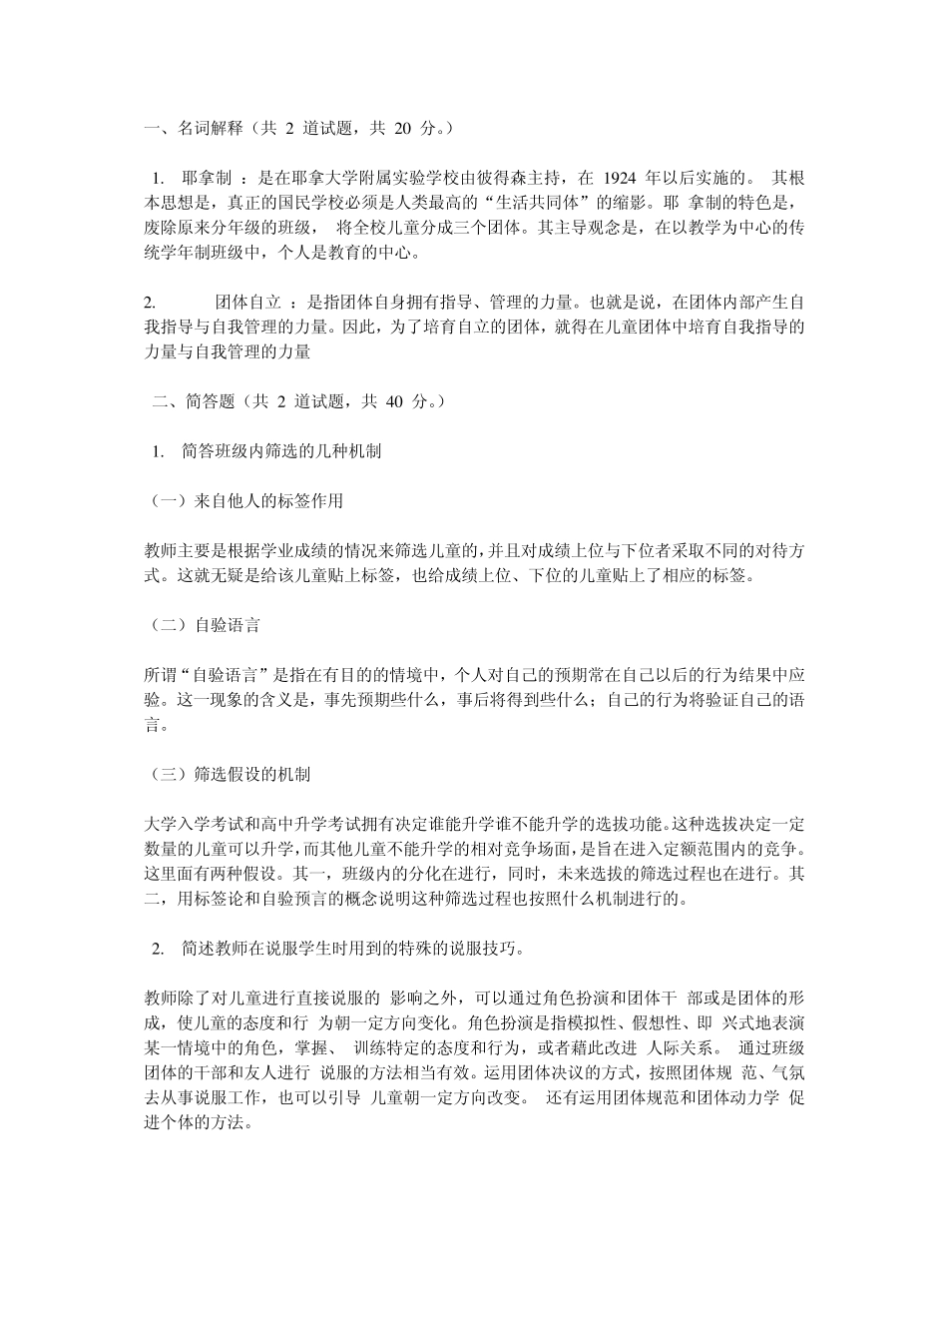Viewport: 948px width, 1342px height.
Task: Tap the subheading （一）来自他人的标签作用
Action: tap(244, 500)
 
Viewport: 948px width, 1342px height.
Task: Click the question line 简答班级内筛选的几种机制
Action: tap(281, 451)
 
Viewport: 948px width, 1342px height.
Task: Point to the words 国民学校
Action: tap(310, 204)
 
